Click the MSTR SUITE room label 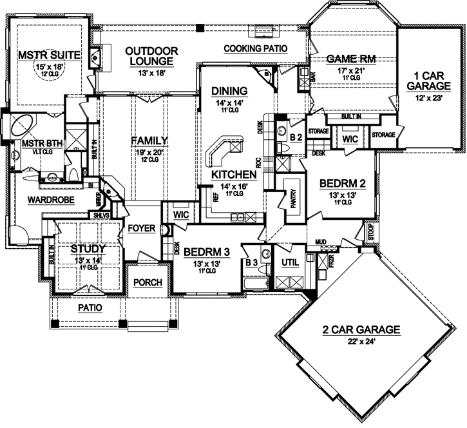43,55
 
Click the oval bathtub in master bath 19,124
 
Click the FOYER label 141,228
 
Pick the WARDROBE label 48,200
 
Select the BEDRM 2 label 343,183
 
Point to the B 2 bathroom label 296,137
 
